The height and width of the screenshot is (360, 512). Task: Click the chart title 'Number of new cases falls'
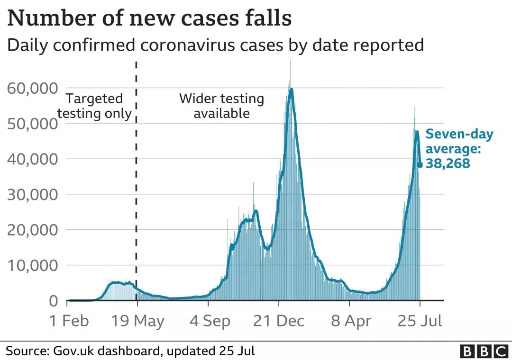coord(149,19)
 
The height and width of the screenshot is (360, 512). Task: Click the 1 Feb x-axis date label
coord(69,321)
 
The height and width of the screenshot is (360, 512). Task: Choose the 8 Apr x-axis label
coord(351,321)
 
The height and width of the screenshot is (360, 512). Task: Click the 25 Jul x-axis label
coord(420,321)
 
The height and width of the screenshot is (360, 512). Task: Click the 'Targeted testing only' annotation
coord(94,106)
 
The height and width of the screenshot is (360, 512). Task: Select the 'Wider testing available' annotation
coord(221,106)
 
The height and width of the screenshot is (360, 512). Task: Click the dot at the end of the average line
coord(420,165)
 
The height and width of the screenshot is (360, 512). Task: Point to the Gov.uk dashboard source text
coord(130,351)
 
